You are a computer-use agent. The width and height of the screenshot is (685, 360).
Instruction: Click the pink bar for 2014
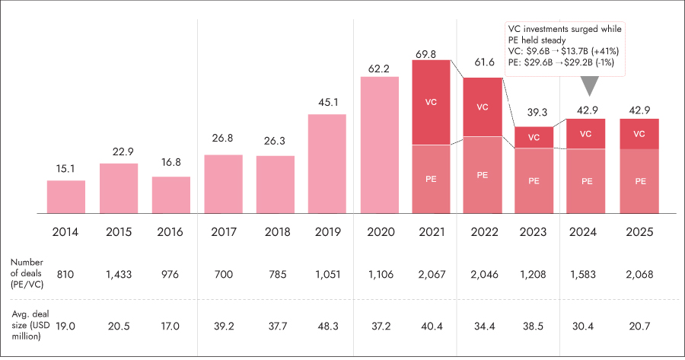pos(66,196)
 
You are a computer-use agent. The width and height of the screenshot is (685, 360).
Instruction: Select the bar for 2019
pos(327,164)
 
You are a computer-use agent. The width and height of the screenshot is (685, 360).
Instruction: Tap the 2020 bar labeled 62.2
pos(379,145)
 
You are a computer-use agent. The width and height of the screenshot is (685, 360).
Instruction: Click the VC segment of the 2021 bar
pos(431,102)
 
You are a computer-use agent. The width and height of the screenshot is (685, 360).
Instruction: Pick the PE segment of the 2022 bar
pos(483,174)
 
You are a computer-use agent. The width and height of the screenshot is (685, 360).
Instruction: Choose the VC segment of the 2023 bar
pos(534,137)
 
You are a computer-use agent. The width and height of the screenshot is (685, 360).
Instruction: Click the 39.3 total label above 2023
pos(534,113)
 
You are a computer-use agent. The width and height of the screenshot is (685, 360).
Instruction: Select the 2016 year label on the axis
pos(170,233)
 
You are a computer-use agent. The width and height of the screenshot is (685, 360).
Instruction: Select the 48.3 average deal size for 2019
pos(327,325)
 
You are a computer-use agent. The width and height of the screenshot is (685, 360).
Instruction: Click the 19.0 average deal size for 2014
pos(66,325)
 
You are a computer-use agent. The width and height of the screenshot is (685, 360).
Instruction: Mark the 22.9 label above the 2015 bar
pos(119,150)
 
